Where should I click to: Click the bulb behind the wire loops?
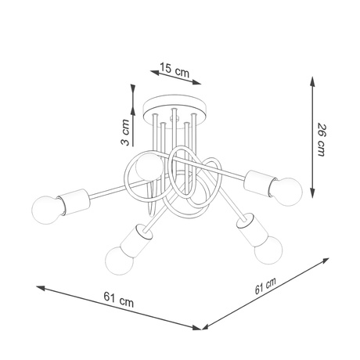click(146, 166)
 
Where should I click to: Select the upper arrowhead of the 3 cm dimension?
click(129, 88)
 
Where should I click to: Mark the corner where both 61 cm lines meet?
click(203, 326)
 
